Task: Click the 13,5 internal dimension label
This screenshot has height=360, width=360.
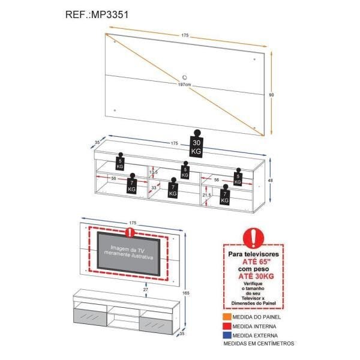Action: coord(153,173)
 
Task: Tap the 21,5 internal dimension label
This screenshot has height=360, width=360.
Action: coord(206,195)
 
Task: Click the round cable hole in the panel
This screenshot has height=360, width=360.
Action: coord(184,76)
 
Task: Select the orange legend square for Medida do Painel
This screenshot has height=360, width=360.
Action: coord(227,316)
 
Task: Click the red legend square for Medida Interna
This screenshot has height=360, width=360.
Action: coord(227,325)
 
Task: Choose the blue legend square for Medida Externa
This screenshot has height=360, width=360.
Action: coord(227,335)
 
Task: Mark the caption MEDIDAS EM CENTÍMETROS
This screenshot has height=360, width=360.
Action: coord(259,344)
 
